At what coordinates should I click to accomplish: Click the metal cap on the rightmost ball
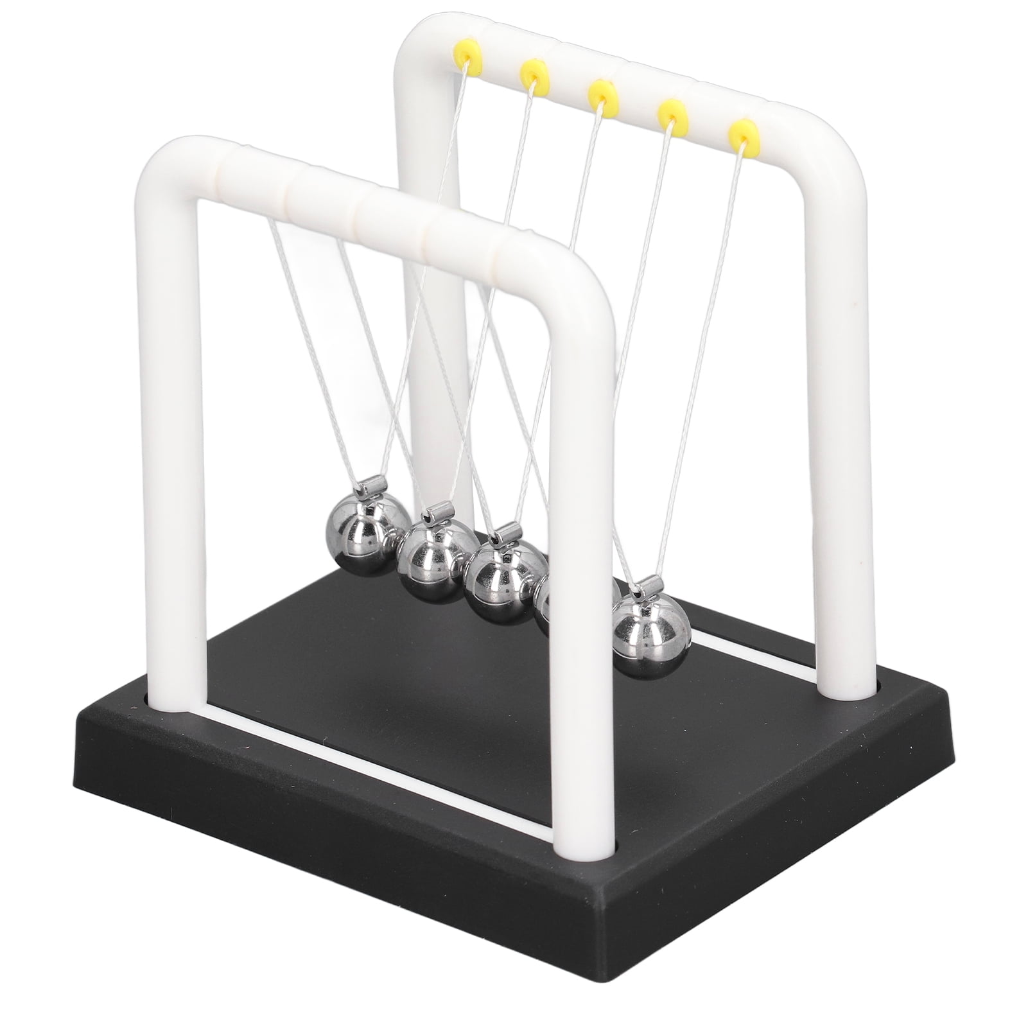click(649, 585)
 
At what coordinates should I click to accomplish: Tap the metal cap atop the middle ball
click(507, 534)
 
